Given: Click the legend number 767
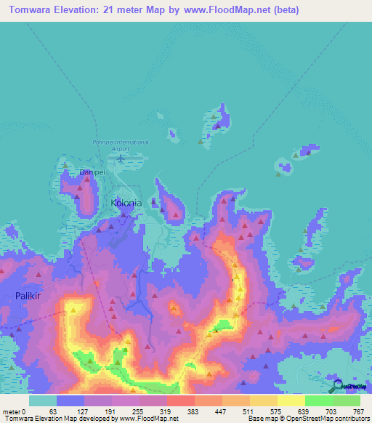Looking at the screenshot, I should [359, 411].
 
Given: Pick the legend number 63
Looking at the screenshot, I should [52, 411].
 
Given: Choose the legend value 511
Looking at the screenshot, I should [248, 411].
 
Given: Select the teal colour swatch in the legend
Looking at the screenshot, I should [42, 400].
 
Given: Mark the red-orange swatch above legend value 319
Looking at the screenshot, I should [180, 400].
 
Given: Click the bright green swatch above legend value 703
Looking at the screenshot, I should [318, 400].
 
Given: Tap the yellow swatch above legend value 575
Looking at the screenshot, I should [263, 400].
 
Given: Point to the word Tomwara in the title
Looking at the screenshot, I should [33, 10].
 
